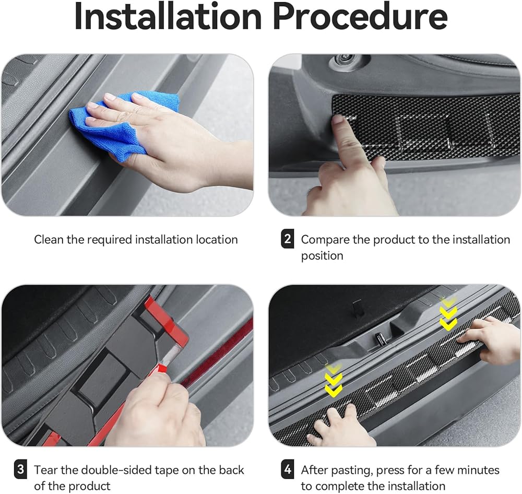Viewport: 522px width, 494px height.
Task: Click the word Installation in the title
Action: (x=168, y=17)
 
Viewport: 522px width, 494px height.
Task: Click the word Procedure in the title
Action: (x=360, y=17)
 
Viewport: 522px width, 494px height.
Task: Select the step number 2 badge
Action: (x=288, y=239)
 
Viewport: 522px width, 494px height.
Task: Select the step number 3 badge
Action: (x=20, y=469)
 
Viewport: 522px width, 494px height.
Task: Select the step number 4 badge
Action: (x=288, y=469)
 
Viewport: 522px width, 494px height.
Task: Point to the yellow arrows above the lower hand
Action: (x=334, y=380)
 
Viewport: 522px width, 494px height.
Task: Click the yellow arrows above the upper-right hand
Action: (x=448, y=314)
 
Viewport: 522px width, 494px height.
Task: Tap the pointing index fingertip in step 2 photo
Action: (x=338, y=120)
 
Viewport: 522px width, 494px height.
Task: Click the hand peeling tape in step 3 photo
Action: (x=157, y=410)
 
